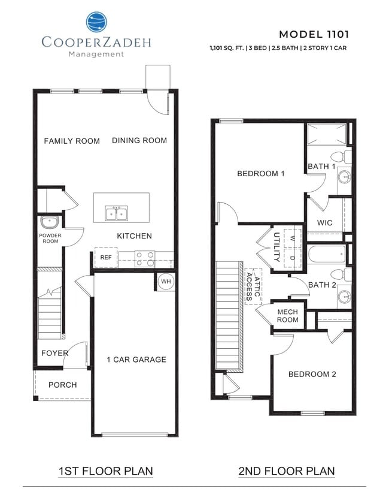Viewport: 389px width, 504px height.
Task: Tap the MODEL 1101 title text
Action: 314,34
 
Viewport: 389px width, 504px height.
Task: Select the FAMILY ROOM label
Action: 72,141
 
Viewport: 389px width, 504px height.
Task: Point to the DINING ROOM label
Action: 139,140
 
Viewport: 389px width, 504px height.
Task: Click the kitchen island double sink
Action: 117,213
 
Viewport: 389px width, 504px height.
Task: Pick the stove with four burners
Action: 144,258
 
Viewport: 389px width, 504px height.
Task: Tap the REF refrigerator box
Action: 106,258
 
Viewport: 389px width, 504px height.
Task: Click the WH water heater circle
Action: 166,282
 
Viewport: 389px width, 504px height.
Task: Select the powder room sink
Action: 48,222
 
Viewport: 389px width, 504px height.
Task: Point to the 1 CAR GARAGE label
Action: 136,360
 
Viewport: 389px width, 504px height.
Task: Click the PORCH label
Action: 63,385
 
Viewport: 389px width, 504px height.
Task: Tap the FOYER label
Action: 54,353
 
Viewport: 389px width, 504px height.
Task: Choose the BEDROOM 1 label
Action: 260,174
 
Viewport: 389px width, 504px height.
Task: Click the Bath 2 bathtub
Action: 327,254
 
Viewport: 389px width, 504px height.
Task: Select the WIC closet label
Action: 325,223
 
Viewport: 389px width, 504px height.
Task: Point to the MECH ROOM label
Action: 287,316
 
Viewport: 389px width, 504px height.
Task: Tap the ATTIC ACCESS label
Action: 254,287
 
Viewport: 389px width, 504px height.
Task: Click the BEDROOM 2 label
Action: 312,375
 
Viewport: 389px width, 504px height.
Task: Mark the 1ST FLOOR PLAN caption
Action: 105,471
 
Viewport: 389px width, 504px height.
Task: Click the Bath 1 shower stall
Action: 327,134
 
